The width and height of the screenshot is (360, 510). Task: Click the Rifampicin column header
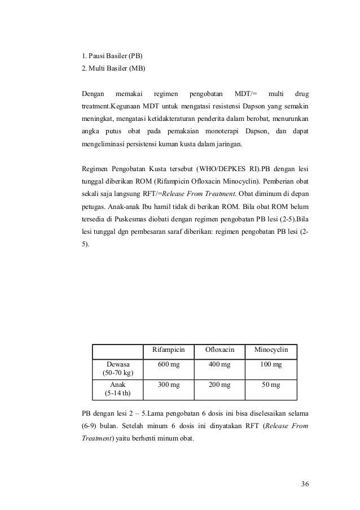[x=168, y=350]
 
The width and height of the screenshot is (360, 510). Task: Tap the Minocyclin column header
[x=271, y=350]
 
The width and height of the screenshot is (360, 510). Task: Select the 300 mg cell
[x=168, y=385]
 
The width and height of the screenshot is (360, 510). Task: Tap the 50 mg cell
[x=271, y=385]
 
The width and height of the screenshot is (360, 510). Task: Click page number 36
[x=305, y=483]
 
